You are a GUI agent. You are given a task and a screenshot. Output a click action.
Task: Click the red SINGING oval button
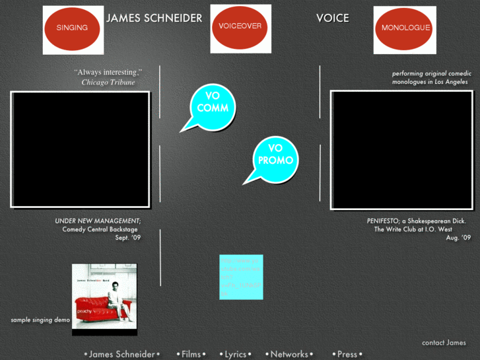pos(72,28)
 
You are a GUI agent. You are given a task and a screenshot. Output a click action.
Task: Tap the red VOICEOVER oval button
pos(240,27)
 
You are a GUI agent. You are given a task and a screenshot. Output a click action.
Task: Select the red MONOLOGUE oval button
pos(405,28)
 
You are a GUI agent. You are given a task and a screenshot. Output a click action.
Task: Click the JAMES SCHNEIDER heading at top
pos(154,18)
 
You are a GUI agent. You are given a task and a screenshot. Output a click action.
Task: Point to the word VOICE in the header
pos(333,18)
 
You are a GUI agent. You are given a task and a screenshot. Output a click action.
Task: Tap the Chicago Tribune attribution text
pos(108,83)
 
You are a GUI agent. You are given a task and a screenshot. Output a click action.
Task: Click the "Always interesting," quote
pos(108,72)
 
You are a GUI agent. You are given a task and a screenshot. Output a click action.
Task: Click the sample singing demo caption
pos(40,320)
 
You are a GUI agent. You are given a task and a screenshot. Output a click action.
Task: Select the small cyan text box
pos(241,277)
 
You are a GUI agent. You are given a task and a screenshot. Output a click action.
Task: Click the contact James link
pos(444,343)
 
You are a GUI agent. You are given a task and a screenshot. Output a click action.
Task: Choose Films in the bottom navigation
pos(191,354)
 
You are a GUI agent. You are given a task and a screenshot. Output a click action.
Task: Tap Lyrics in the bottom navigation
pos(235,354)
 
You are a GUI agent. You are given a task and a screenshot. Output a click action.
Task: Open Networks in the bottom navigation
pos(289,354)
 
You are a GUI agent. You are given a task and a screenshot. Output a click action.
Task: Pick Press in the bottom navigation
pos(347,354)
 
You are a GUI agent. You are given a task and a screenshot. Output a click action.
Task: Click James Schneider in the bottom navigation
pos(122,354)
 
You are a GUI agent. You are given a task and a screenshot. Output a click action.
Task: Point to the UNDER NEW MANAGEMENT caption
pos(98,221)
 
